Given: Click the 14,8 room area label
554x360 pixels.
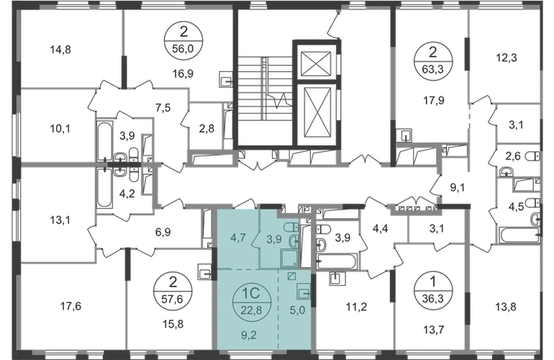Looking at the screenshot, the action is click(x=60, y=50).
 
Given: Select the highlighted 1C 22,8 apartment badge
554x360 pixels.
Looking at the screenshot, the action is click(x=251, y=302).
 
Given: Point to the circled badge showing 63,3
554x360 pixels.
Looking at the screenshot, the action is click(x=432, y=60).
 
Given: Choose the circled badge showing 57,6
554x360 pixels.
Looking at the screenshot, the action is click(x=173, y=291).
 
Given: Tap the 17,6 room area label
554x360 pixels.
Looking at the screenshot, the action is click(x=71, y=306).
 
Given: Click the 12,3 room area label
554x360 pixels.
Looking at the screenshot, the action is click(x=507, y=58).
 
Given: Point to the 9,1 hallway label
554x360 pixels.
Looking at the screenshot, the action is click(x=457, y=187).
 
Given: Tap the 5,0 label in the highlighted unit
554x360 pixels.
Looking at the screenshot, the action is click(x=297, y=310).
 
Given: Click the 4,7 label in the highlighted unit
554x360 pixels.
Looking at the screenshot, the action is click(x=237, y=238).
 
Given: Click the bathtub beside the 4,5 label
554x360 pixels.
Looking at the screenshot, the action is click(x=519, y=235).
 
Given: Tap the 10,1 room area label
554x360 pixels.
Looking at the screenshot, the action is click(x=60, y=129).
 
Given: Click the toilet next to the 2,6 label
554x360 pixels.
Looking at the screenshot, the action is click(x=534, y=156).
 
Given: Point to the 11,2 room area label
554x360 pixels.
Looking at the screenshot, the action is click(x=356, y=307).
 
